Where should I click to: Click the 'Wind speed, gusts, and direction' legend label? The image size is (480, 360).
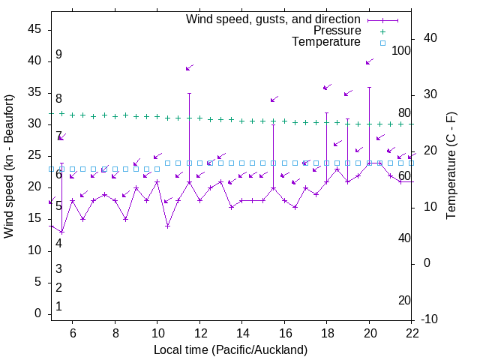click(x=273, y=19)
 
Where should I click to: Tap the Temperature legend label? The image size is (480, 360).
click(x=326, y=42)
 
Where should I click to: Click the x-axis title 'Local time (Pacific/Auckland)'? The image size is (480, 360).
click(x=230, y=349)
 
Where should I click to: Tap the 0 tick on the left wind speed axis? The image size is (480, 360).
click(x=37, y=314)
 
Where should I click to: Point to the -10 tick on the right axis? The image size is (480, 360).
click(x=430, y=319)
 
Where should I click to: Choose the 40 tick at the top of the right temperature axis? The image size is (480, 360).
click(x=430, y=38)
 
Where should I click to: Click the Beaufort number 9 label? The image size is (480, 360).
click(x=58, y=55)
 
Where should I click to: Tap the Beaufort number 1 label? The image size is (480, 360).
click(x=58, y=307)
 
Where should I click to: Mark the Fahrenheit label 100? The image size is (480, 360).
click(x=402, y=51)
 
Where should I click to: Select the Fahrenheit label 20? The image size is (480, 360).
click(x=404, y=301)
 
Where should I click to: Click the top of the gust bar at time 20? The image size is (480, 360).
click(x=369, y=87)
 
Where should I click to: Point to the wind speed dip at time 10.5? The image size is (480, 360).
click(x=168, y=226)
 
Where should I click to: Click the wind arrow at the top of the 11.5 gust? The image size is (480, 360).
click(x=190, y=67)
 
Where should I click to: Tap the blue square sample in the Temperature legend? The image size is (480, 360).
click(x=382, y=43)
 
